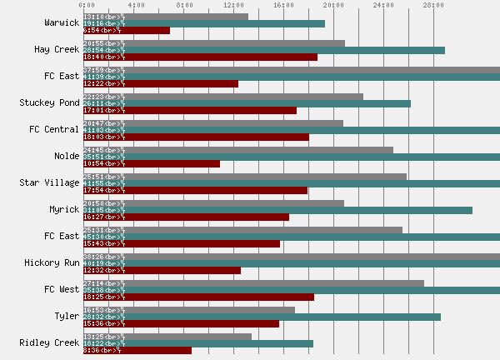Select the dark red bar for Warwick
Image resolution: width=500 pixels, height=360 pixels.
pyautogui.click(x=127, y=31)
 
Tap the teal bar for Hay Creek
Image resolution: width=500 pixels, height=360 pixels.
pyautogui.click(x=264, y=50)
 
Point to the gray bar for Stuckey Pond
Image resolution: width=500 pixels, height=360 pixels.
pyautogui.click(x=223, y=97)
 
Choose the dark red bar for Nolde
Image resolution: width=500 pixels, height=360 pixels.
pyautogui.click(x=152, y=163)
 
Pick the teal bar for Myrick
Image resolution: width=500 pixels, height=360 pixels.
pyautogui.click(x=277, y=210)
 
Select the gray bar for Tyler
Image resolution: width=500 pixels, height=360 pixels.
pyautogui.click(x=189, y=310)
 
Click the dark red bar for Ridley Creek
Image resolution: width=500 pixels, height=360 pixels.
pyautogui.click(x=137, y=350)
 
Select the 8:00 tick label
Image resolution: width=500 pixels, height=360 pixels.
pyautogui.click(x=185, y=5)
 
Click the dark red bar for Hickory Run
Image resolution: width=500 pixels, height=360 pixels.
pyautogui.click(x=162, y=270)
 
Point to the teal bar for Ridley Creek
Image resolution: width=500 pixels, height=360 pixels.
pyautogui.click(x=198, y=343)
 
